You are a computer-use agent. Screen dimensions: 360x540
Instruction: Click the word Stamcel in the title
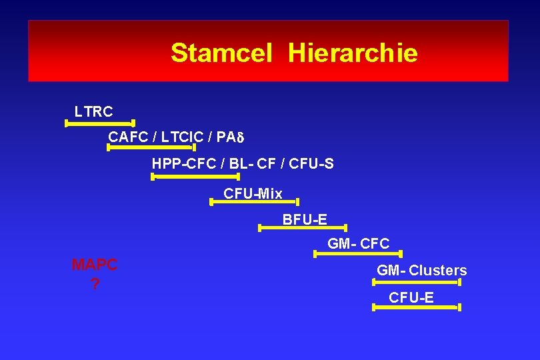pos(221,53)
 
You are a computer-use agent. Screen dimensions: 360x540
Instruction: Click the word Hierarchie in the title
pos(353,53)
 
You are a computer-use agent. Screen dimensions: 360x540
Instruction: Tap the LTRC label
pos(93,112)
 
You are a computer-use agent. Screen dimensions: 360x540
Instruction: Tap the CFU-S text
pos(311,163)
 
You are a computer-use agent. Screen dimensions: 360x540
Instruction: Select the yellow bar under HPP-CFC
pos(195,177)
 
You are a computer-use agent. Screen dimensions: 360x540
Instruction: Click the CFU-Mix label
pos(253,194)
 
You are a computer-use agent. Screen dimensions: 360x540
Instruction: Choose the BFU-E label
pos(304,219)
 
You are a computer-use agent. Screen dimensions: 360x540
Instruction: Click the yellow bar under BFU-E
pos(302,228)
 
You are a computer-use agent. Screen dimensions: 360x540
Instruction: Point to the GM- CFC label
pos(358,244)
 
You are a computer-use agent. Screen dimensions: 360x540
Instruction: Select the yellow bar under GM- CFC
pos(357,253)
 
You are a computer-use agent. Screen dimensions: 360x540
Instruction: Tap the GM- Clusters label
pos(421,271)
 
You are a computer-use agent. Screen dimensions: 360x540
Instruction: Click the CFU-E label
pos(411,298)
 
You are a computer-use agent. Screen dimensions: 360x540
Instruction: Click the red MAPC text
pos(94,265)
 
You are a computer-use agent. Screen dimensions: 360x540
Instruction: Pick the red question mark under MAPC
pos(94,285)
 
